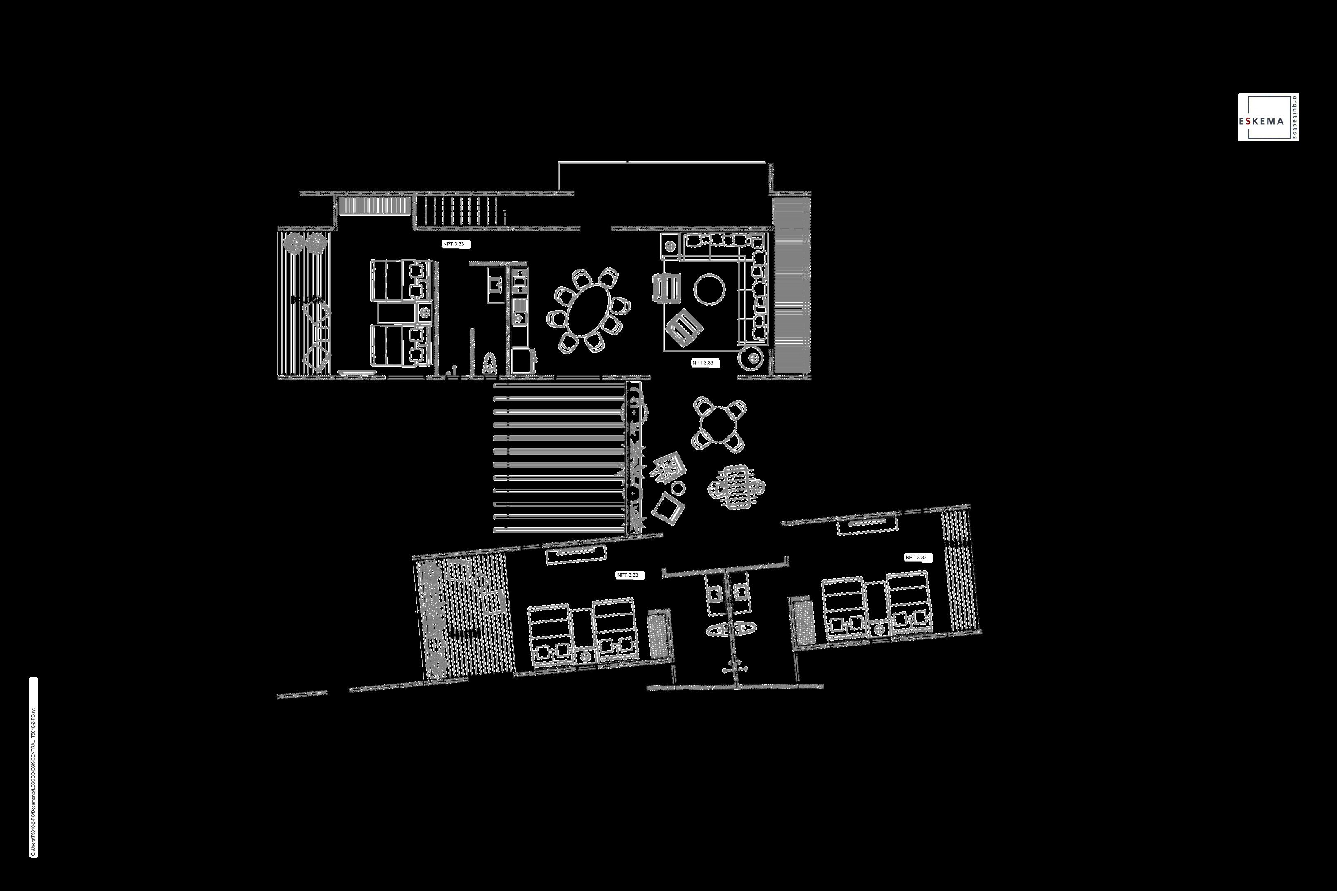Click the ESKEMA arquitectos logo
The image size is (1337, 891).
[1268, 117]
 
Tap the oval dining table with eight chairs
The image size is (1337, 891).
[588, 310]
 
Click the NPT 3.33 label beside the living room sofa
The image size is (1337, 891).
[705, 363]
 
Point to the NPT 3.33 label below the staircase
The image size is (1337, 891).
[456, 244]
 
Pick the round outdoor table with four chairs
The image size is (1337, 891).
[719, 424]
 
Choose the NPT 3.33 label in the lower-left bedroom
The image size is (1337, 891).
[630, 575]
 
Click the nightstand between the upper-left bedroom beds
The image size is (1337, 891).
[424, 311]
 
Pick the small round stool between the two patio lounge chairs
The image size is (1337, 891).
[678, 488]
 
